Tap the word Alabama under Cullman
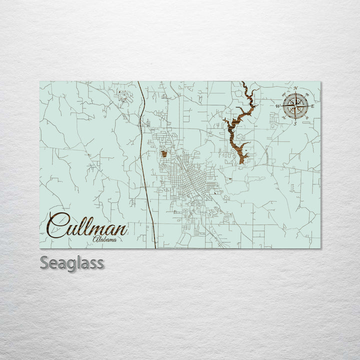pos(105,240)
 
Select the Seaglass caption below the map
pos(72,263)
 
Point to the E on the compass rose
pos(312,106)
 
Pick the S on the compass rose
pos(295,123)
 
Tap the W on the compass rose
pos(278,106)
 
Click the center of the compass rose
pos(295,105)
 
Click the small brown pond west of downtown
pos(164,153)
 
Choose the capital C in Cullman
pos(58,226)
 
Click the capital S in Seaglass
pos(44,263)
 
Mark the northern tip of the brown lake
pos(243,83)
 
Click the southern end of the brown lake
pos(242,161)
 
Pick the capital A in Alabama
pos(95,240)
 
